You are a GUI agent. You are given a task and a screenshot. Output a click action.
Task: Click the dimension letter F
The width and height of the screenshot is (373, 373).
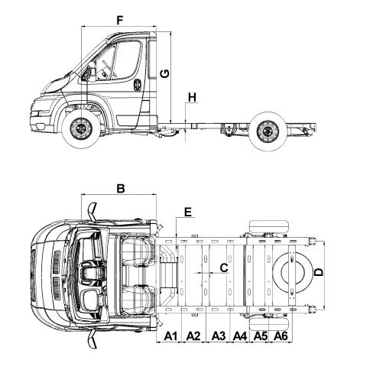120,21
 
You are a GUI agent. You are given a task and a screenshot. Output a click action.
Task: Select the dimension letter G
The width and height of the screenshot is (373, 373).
165,73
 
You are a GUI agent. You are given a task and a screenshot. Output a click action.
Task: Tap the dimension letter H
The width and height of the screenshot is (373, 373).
193,97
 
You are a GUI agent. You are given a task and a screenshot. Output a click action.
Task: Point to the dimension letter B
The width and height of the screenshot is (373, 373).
121,189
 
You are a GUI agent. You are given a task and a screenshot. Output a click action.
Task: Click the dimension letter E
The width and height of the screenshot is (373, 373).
188,212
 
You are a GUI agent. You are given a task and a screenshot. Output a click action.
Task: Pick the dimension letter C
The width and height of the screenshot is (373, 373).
224,268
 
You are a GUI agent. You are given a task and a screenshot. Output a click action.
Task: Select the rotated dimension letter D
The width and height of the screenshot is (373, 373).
319,272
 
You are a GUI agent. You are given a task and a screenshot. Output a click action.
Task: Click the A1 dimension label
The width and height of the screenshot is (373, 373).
170,336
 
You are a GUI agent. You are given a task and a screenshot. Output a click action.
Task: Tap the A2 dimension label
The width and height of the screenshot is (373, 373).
193,336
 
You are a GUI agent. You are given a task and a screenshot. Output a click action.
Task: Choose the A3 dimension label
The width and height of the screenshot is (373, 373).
219,336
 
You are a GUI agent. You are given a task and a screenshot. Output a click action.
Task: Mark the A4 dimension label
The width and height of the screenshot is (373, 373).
240,336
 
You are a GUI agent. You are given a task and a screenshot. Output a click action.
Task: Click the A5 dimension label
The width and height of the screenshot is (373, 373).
261,336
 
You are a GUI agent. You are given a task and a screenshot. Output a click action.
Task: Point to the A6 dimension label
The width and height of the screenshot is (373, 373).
281,336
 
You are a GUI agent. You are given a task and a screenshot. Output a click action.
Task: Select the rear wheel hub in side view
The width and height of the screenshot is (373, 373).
268,131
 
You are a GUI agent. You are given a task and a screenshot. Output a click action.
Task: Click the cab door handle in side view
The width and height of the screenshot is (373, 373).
138,84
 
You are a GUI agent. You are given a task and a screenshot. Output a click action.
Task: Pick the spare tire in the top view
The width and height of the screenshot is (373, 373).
293,273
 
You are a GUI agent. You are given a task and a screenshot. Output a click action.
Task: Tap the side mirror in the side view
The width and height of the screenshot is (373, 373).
90,72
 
